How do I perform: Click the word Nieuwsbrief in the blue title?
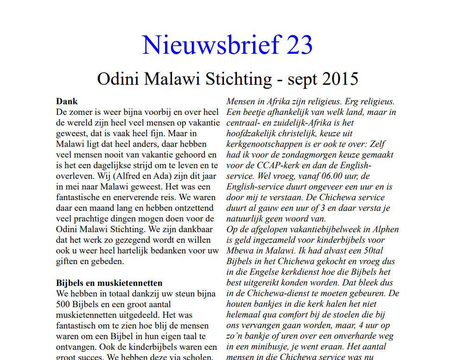pyautogui.click(x=211, y=45)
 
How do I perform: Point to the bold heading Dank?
pyautogui.click(x=67, y=101)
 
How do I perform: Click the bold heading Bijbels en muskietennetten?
pyautogui.click(x=109, y=283)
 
